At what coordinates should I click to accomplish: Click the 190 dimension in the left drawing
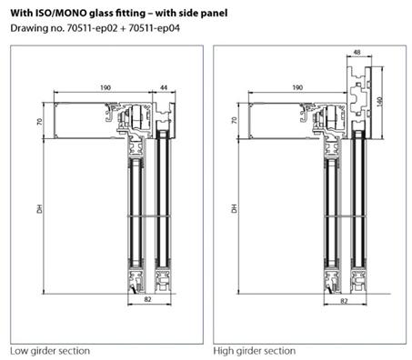pos(106,87)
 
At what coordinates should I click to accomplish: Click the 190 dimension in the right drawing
pos(297,87)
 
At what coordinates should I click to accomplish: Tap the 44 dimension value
pos(164,87)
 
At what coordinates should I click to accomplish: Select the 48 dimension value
pos(357,53)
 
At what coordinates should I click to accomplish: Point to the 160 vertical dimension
pos(379,101)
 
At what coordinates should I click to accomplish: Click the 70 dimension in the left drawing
pos(39,122)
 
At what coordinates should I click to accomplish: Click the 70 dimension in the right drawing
pos(234,121)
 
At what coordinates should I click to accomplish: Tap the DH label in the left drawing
pos(40,209)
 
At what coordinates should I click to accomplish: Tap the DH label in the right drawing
pos(234,208)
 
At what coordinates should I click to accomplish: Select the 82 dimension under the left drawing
pos(147,299)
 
